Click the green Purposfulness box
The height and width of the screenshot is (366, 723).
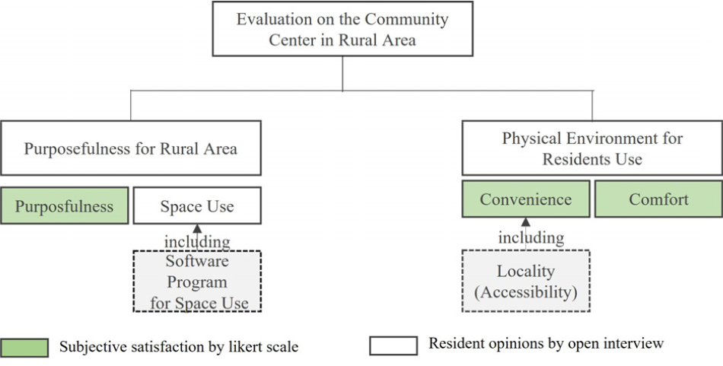[x=65, y=205]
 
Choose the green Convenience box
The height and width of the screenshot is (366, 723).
[x=526, y=199]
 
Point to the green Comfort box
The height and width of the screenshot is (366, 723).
[x=658, y=199]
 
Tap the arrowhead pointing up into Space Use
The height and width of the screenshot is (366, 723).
[x=197, y=228]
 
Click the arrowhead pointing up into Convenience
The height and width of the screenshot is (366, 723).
[x=526, y=221]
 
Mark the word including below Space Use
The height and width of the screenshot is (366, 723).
[x=197, y=241]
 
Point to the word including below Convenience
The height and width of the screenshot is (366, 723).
[x=531, y=238]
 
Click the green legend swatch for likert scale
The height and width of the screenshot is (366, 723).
[x=24, y=348]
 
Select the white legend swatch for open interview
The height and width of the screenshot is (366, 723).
[x=393, y=345]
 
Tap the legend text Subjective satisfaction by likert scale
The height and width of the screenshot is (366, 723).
[x=179, y=347]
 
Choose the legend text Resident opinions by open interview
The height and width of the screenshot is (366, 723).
[x=546, y=343]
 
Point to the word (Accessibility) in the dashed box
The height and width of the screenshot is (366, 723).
[x=526, y=291]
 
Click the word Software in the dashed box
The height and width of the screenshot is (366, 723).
[x=197, y=261]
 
